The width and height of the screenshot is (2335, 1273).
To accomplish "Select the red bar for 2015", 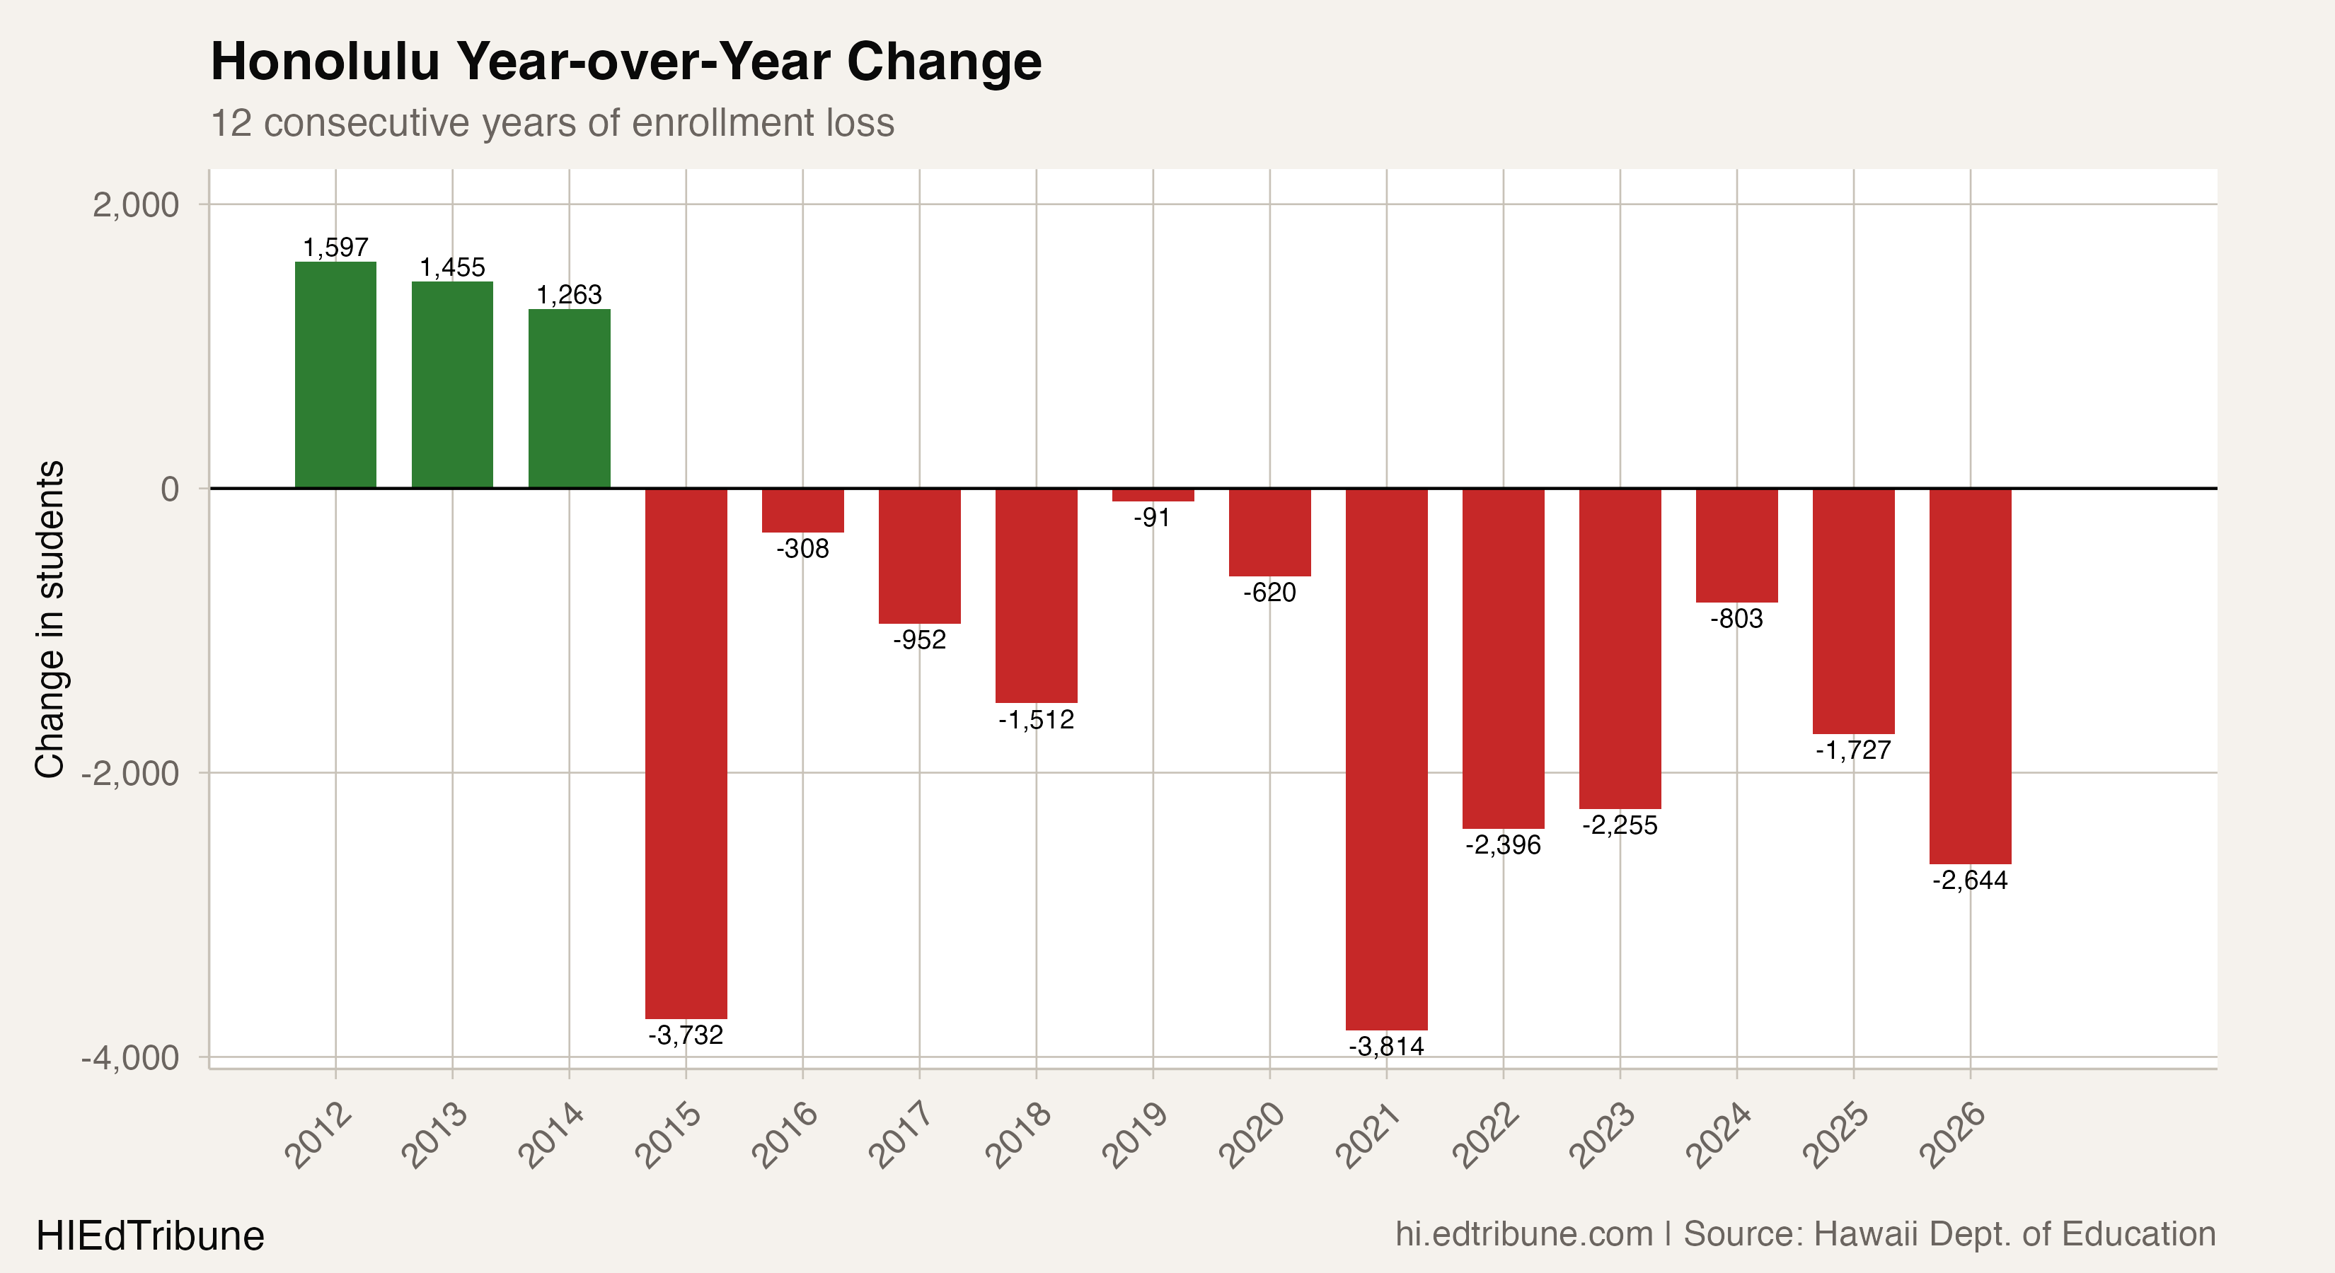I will pos(686,752).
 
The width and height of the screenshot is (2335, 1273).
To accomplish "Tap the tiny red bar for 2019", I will pos(1153,495).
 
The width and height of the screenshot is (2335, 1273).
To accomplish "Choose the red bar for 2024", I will pos(1737,545).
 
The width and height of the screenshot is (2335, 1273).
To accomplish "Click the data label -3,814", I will pos(1386,1047).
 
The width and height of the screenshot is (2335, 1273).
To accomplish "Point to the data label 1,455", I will pos(452,267).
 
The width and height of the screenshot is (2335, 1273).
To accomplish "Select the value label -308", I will pos(802,549).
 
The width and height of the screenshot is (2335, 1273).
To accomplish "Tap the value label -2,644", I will pos(1970,880).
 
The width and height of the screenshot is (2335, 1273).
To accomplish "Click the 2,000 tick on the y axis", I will pos(136,206).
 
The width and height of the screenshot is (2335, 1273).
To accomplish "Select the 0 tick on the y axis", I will pos(170,490).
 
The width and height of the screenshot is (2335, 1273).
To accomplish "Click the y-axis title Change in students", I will pos(50,619).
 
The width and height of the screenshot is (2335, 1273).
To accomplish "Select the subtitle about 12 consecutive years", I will pos(552,123).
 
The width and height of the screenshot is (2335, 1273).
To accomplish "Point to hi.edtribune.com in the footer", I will pos(1523,1234).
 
